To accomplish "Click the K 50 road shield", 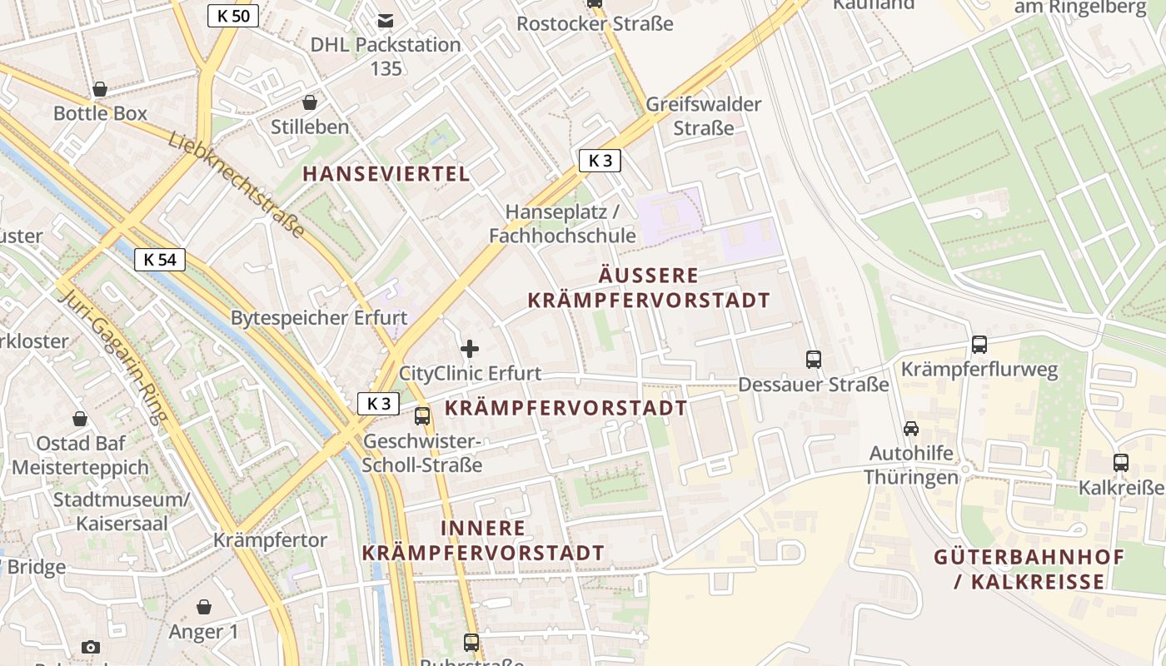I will point(233,15).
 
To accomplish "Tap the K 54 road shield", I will point(159,260).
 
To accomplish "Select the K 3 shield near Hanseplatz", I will point(600,161).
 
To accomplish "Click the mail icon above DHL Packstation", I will point(386,20).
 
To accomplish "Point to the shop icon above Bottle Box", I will point(100,89).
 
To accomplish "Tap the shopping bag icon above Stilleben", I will point(310,102).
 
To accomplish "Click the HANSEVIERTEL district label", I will point(386,174).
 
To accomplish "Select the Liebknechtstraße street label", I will point(237,184).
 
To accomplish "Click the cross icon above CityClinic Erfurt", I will point(470,349).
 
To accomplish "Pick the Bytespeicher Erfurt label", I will point(319,318).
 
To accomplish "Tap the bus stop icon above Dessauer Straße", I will point(814,360).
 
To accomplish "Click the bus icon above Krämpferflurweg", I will point(979,344).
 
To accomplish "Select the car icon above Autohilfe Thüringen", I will point(911,429).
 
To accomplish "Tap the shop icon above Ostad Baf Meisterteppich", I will point(80,418).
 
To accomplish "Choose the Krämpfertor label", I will point(271,540).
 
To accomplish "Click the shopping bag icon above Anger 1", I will point(204,607).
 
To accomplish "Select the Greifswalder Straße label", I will point(704,116).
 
